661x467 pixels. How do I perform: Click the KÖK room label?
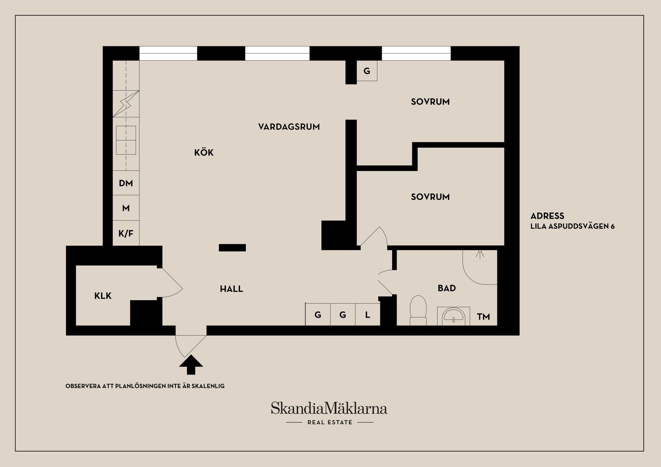204,152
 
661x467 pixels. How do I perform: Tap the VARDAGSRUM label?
289,127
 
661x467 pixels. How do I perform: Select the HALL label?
231,289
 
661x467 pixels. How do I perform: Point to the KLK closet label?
103,296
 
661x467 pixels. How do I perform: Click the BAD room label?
447,288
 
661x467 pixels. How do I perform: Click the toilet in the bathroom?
418,310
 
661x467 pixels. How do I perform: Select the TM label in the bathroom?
483,317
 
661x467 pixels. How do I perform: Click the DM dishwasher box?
126,183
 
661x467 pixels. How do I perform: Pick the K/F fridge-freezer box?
126,233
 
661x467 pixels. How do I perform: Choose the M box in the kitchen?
126,208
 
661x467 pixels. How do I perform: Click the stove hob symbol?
126,140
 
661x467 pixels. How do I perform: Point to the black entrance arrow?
191,365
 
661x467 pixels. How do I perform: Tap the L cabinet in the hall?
368,315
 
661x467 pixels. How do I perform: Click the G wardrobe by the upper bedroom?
367,71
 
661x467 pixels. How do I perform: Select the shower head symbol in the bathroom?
480,254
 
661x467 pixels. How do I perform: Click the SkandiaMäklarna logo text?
329,409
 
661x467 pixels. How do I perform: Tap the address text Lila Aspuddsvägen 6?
572,226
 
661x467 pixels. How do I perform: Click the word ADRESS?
547,216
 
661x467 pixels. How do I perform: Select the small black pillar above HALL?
232,248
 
